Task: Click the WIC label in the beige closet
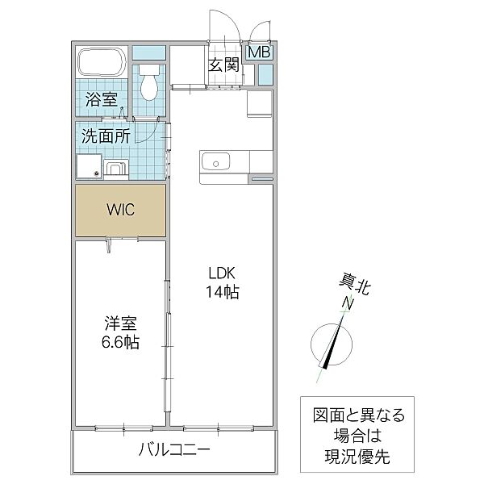pyautogui.click(x=121, y=210)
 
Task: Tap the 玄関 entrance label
pyautogui.click(x=223, y=66)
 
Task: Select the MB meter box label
pyautogui.click(x=259, y=53)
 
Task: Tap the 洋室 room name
pyautogui.click(x=120, y=323)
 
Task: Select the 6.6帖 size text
pyautogui.click(x=120, y=342)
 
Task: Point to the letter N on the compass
pyautogui.click(x=348, y=303)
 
